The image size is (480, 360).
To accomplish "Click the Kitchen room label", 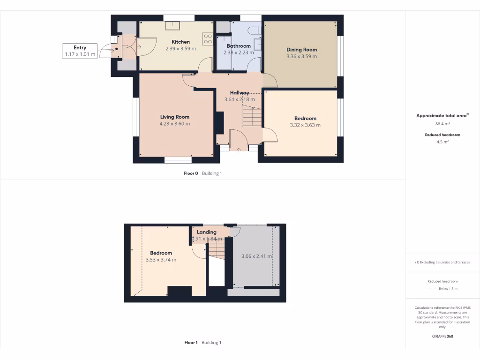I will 180,42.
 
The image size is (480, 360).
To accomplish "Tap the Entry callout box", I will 80,51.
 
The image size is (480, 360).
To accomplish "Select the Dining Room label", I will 301,49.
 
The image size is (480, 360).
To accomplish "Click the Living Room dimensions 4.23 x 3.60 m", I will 175,124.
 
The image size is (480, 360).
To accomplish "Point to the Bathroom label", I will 239,46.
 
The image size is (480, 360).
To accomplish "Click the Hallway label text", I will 240,92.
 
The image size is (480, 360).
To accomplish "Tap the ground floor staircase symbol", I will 251,116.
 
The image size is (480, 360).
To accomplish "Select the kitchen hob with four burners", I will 208,38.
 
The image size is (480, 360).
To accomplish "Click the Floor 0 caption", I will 191,173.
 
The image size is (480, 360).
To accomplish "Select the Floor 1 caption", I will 191,343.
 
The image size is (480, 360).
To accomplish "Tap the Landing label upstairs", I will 207,232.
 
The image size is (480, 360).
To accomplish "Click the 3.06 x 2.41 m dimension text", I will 256,256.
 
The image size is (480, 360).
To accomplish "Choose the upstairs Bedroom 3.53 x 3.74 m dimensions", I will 161,260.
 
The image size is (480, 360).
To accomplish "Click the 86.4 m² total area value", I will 442,124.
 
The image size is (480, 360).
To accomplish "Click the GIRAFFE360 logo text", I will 442,336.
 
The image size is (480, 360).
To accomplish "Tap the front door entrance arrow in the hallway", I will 239,150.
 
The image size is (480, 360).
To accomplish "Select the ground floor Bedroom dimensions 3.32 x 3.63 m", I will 305,125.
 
